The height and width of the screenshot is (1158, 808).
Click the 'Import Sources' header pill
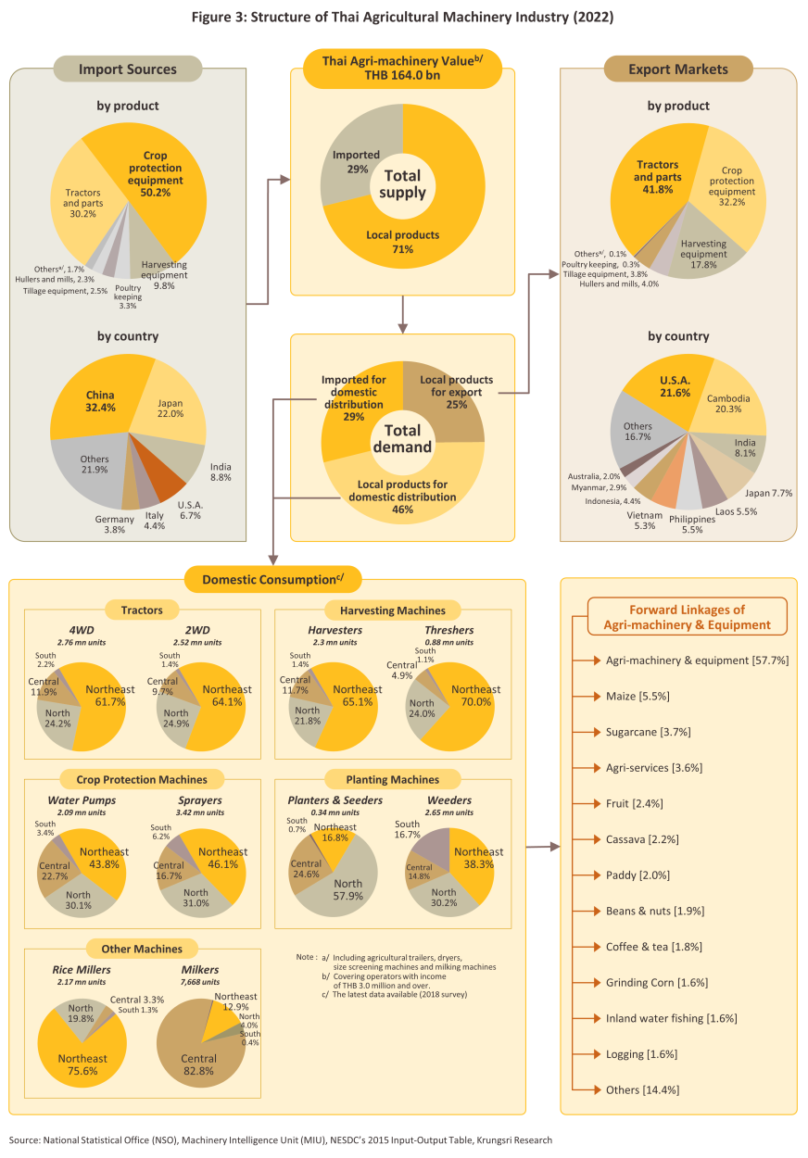128,69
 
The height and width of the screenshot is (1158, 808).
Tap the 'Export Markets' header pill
678,69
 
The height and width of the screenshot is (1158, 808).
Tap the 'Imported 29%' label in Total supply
351,161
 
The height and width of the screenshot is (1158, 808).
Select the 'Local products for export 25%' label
456,386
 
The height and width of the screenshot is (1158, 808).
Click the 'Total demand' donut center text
402,438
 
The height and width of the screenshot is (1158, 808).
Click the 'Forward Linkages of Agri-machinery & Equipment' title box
687,617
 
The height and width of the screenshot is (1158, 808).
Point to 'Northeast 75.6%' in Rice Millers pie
83,1064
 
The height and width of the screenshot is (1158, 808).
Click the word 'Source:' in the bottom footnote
25,1140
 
